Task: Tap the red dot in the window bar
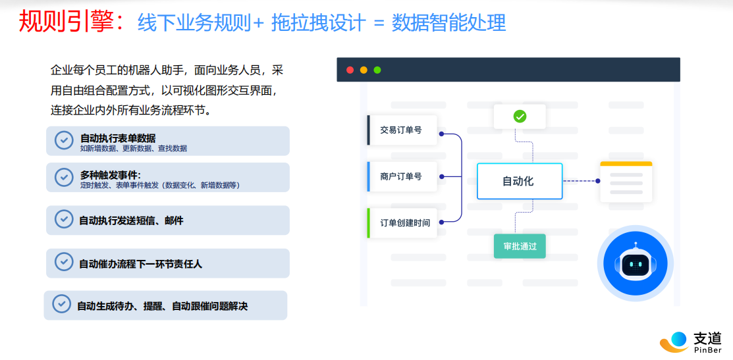[x=350, y=70]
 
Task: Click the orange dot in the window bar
[x=364, y=70]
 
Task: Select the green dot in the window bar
[x=377, y=70]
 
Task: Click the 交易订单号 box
[x=402, y=130]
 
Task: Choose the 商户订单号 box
[x=402, y=176]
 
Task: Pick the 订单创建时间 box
[x=402, y=222]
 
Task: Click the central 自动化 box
[x=520, y=181]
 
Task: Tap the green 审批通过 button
[x=520, y=246]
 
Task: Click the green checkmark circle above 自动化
[x=520, y=116]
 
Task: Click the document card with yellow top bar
[x=626, y=182]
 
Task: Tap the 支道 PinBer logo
[x=690, y=342]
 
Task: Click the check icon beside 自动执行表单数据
[x=64, y=140]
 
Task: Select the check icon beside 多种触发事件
[x=64, y=177]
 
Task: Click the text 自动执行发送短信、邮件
[x=131, y=220]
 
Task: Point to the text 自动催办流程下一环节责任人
[x=141, y=264]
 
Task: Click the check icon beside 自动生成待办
[x=62, y=303]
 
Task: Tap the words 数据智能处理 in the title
[x=448, y=22]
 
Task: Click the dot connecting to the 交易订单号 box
[x=441, y=134]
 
